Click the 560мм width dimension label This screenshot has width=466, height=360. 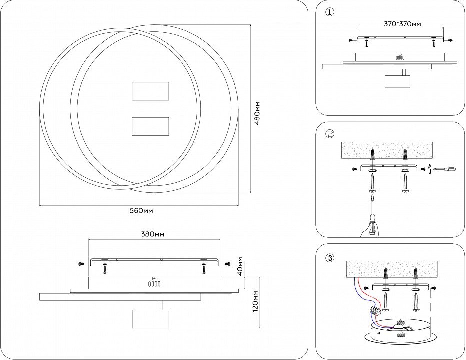[141, 210]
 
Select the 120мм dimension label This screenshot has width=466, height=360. [256, 302]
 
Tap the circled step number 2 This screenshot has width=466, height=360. [329, 134]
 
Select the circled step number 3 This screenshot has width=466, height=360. [329, 258]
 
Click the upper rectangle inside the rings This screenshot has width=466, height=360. [150, 91]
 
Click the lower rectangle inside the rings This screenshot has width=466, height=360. [150, 126]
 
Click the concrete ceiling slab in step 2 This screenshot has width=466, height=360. [389, 149]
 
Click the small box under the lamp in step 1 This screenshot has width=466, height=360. [398, 82]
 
